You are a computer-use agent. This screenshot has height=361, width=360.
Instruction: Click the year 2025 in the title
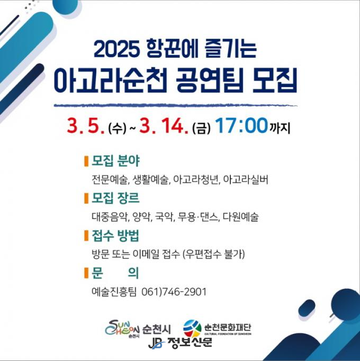[x=117, y=49]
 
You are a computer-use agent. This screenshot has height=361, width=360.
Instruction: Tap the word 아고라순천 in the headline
[x=110, y=81]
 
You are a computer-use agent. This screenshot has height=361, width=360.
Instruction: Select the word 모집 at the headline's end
[x=274, y=81]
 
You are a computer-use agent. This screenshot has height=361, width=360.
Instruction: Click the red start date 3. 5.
[x=86, y=126]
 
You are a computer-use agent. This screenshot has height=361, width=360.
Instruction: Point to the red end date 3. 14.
[x=164, y=126]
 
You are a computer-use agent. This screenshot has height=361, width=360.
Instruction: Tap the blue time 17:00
[x=242, y=126]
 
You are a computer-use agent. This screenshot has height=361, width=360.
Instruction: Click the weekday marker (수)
[x=117, y=128]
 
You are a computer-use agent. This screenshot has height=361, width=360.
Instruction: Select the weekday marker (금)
[x=201, y=128]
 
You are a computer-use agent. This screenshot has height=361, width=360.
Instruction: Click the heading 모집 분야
[x=115, y=161]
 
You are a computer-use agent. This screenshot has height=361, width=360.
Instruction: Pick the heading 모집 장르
[x=115, y=198]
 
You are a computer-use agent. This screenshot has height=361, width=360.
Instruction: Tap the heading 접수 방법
[x=115, y=235]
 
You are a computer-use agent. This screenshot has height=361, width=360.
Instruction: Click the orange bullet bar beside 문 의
[x=86, y=273]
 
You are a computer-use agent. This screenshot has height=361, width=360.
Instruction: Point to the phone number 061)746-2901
[x=174, y=292]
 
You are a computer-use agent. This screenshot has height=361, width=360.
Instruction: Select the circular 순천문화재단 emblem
[x=192, y=329]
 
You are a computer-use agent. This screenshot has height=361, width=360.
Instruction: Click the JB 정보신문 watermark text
[x=180, y=343]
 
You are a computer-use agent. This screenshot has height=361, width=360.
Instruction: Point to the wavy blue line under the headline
[x=176, y=105]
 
